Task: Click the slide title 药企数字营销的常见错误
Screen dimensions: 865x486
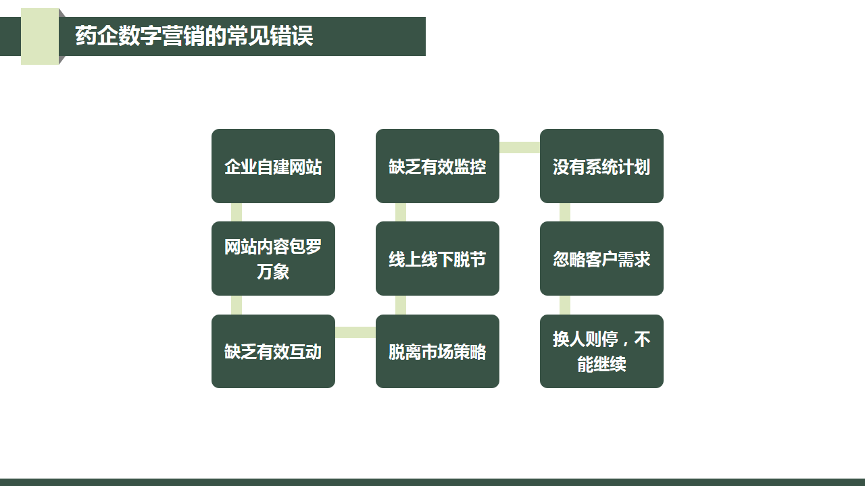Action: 194,36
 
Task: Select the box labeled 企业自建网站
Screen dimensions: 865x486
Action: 273,166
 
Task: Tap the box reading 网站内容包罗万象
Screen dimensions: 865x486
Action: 273,259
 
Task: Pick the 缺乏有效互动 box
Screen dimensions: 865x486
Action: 273,352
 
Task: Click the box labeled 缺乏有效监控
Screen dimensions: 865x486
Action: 437,166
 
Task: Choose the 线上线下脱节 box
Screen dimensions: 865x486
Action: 437,259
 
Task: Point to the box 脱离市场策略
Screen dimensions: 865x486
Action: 437,352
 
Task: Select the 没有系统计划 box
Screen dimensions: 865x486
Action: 601,166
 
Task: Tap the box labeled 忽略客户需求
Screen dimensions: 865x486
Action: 601,259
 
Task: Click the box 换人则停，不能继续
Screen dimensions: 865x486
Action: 601,352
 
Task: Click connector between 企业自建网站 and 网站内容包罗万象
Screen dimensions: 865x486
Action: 237,212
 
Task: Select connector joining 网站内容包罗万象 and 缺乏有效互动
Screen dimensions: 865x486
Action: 237,305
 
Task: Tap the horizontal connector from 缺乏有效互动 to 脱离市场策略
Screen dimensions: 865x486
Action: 355,332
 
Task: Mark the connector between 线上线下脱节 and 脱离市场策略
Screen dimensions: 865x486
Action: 401,305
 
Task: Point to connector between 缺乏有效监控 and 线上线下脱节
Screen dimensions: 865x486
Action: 401,212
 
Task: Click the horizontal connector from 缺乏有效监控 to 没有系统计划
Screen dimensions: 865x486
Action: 520,147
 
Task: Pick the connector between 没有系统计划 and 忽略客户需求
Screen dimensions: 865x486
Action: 564,212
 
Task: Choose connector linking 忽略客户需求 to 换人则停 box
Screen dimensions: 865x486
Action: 564,305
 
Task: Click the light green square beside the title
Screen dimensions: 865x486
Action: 40,36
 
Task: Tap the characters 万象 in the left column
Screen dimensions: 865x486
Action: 273,271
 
